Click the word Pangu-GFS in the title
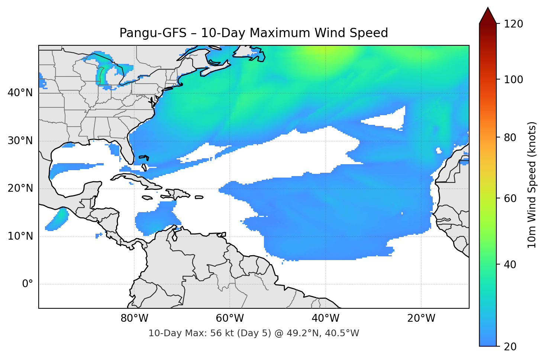153,33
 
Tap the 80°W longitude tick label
134,318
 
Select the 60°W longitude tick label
230,318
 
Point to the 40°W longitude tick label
325,318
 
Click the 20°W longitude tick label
421,318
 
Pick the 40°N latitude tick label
20,93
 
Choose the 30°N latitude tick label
20,141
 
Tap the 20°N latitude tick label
20,188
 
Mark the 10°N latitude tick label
20,236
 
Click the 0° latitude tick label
27,284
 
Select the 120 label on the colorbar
513,24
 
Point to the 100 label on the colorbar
513,80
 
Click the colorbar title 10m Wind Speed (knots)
532,185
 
